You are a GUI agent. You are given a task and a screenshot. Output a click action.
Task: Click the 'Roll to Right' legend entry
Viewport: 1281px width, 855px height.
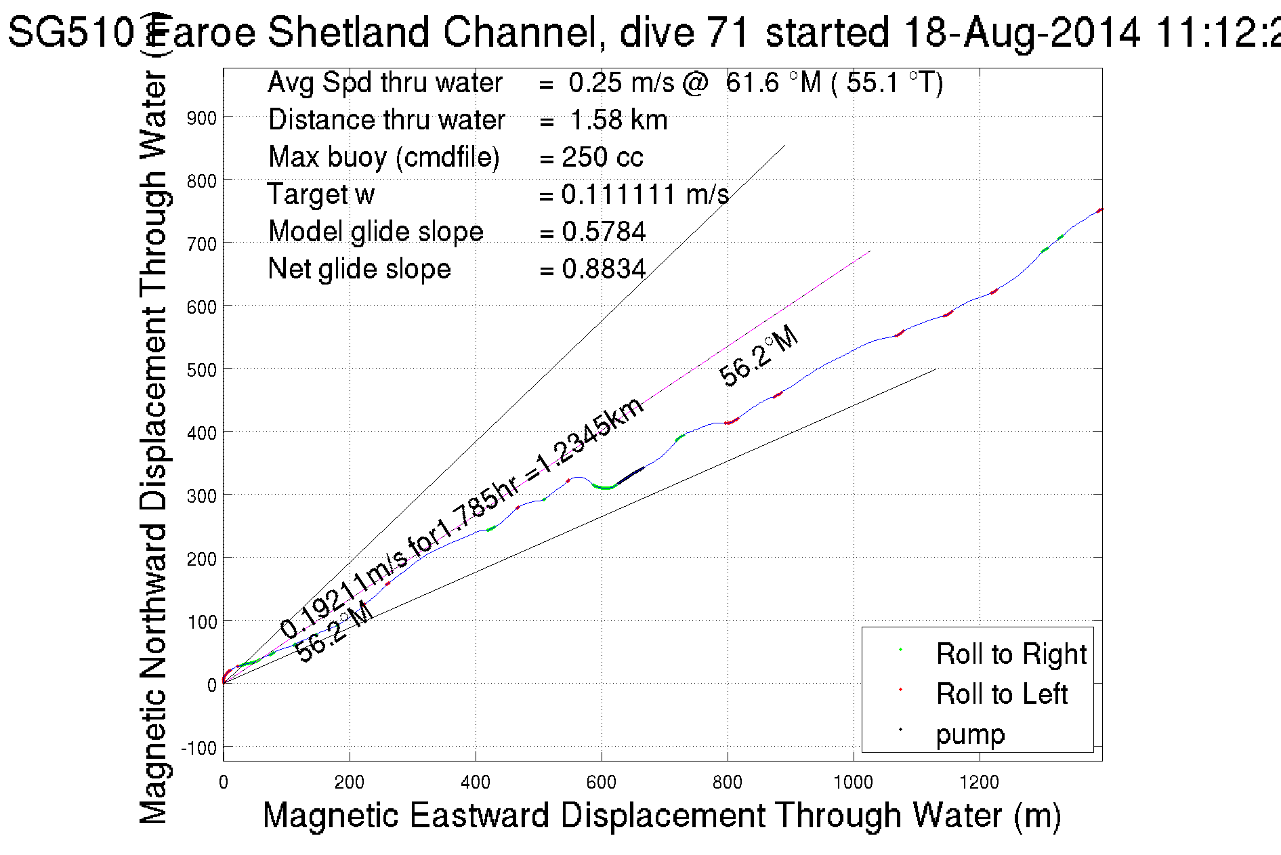[1011, 654]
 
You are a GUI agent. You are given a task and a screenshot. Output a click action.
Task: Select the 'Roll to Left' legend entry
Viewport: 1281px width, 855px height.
[1001, 694]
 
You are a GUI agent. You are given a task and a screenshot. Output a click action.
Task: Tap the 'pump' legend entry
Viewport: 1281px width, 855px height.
[970, 734]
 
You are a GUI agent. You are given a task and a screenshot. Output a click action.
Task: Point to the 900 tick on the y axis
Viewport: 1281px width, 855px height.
[202, 118]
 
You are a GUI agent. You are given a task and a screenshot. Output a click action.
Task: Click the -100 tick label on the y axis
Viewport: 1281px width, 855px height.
[199, 748]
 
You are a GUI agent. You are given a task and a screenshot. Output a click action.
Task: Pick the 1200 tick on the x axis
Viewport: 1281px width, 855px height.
[979, 783]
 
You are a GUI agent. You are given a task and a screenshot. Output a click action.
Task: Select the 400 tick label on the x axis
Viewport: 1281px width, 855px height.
[476, 783]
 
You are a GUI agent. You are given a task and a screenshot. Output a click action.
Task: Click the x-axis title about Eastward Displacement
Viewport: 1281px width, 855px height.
[661, 815]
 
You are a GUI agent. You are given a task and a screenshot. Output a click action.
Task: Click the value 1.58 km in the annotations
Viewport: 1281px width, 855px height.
[618, 120]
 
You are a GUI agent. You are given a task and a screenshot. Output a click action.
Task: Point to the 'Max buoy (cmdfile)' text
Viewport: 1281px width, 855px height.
[383, 157]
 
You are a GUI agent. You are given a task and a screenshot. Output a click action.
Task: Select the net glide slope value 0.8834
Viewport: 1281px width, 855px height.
[604, 269]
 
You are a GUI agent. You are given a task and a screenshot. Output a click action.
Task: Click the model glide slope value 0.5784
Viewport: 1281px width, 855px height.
[604, 232]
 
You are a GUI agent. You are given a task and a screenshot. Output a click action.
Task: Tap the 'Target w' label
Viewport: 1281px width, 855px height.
[320, 194]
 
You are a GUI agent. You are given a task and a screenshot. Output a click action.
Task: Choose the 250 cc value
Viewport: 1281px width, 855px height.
[602, 157]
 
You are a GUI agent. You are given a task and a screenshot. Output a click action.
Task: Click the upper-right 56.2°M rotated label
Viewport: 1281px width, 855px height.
[758, 356]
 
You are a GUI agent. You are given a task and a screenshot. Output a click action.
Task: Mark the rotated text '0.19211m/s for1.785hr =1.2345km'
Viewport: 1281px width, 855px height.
[462, 518]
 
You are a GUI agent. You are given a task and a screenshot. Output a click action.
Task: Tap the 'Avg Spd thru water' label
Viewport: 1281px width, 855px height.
[385, 83]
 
